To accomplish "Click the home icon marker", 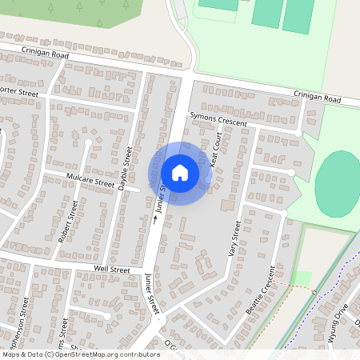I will (180, 172).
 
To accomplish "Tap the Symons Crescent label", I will (218, 119).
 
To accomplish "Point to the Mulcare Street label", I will (90, 182).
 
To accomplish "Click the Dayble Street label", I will (124, 167).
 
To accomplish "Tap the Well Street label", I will (112, 270).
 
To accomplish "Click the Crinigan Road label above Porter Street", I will (46, 54).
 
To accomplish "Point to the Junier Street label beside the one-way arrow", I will (161, 195).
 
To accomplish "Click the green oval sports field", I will (338, 183).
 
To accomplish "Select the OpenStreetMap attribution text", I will (80, 354).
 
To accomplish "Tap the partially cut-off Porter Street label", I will (19, 93).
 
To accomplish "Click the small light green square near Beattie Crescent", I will (301, 278).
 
